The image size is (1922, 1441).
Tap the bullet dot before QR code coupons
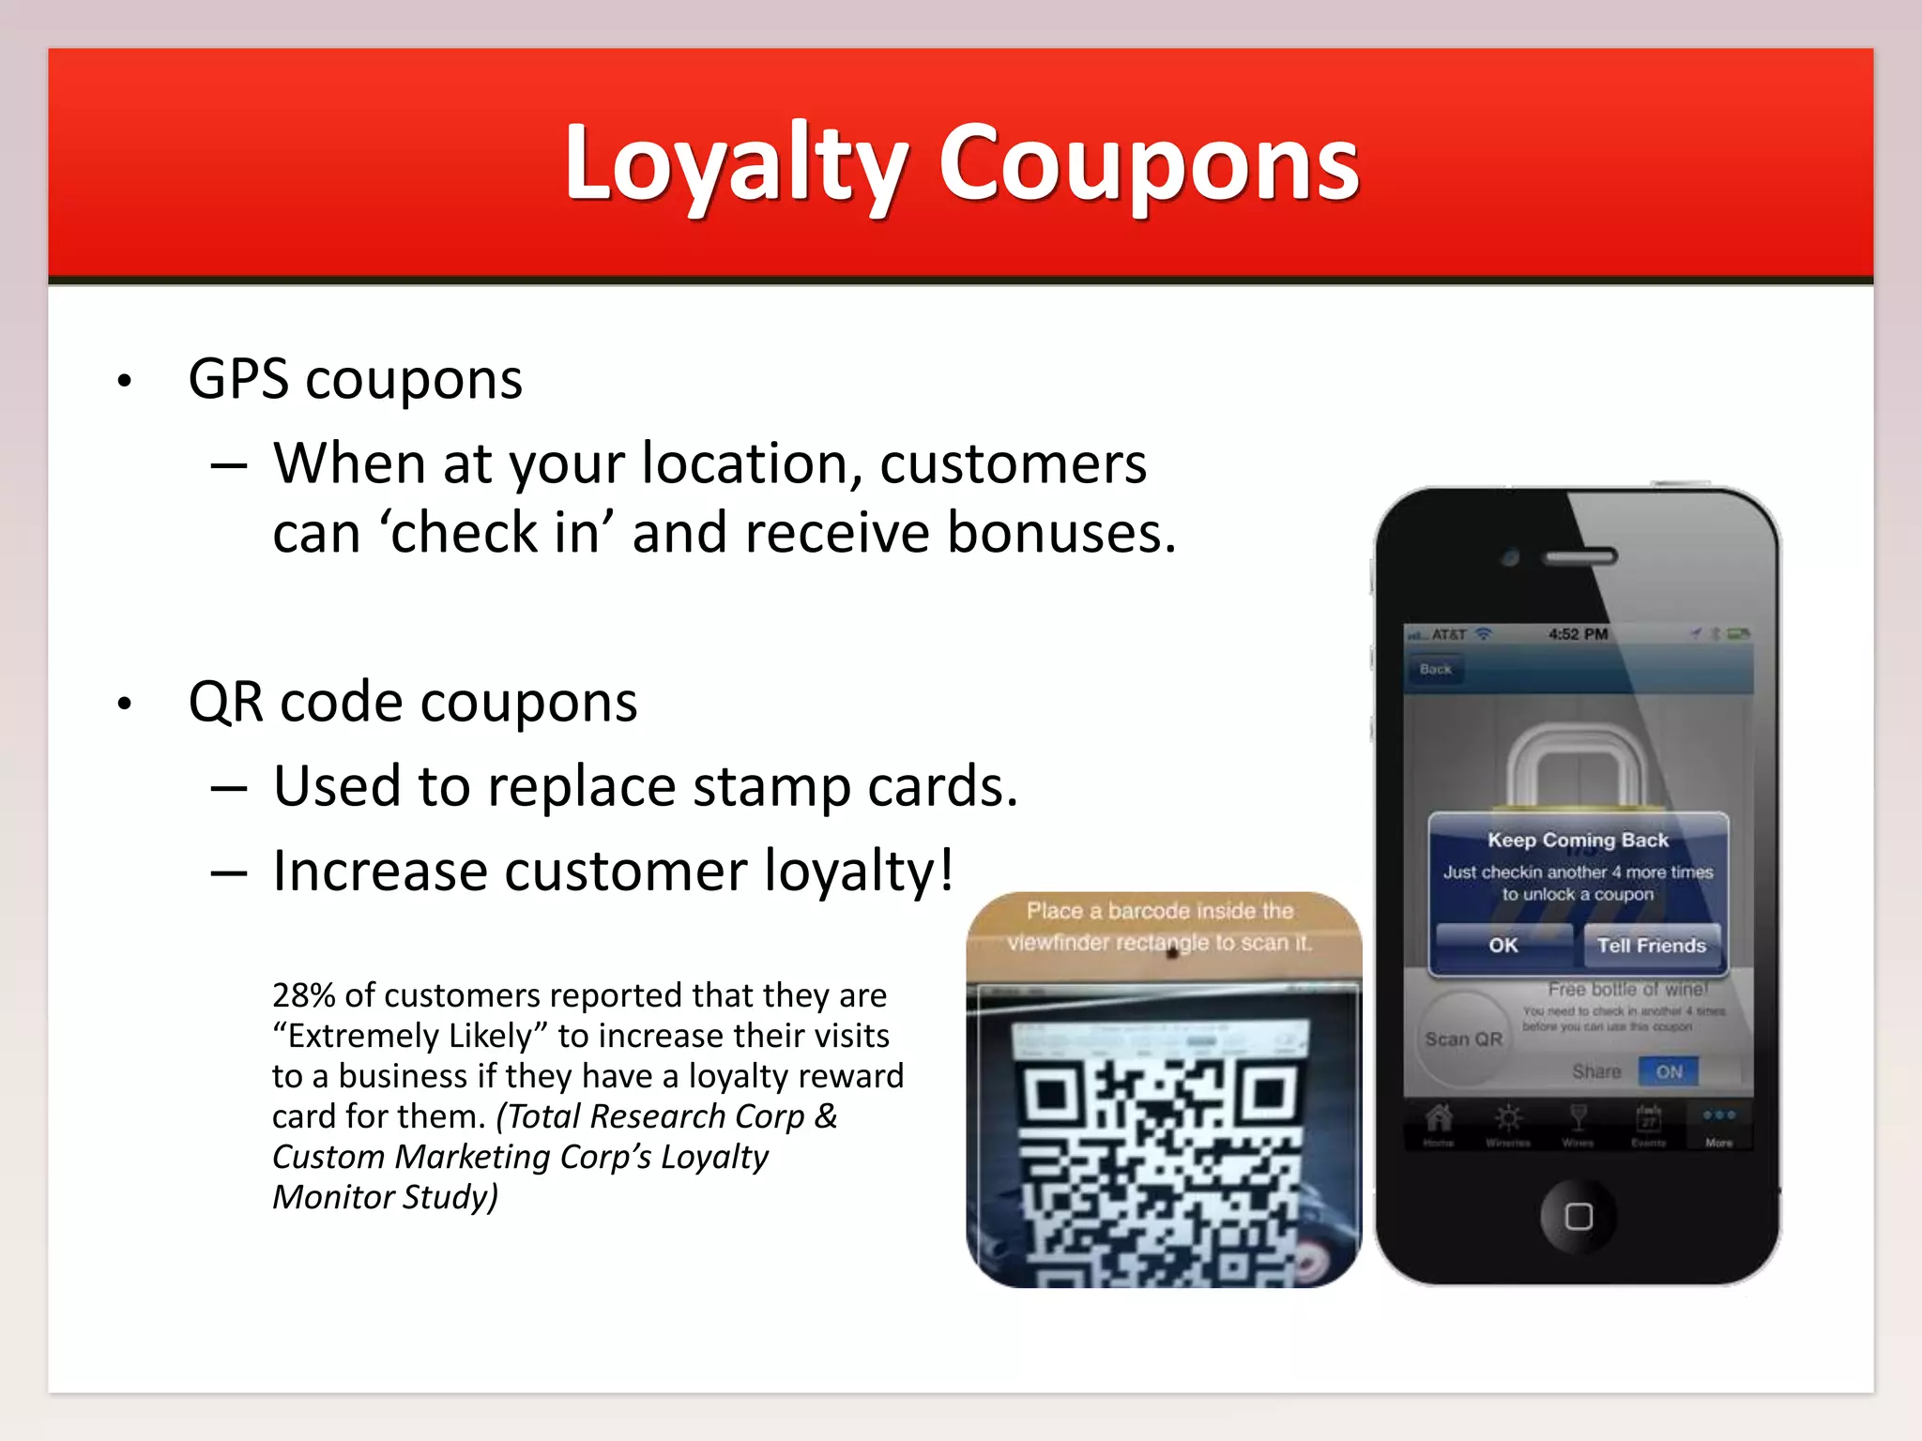[125, 705]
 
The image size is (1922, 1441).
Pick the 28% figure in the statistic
[304, 995]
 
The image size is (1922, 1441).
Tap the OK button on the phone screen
[1503, 946]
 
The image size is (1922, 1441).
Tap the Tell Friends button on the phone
[1651, 946]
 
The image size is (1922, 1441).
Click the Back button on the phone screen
[1435, 670]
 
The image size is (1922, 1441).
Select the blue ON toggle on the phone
[1669, 1071]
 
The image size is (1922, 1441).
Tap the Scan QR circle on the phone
[1463, 1039]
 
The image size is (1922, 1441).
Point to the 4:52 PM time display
[1578, 634]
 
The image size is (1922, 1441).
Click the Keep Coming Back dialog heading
[1578, 841]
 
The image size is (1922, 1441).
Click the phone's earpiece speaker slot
[1580, 557]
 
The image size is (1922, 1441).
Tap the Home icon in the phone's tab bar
[1438, 1122]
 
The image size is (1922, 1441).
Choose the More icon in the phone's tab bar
[1718, 1122]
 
